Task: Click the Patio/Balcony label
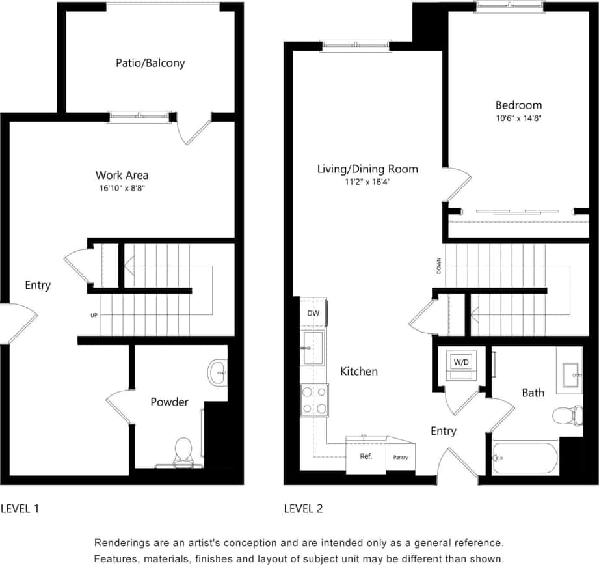coord(150,63)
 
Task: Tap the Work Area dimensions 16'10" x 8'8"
coord(122,188)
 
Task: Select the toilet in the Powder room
coord(183,451)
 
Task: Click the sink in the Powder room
coord(217,373)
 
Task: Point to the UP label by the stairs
coord(94,316)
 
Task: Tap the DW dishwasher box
coord(313,313)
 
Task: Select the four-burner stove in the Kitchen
coord(314,400)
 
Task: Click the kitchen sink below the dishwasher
coord(313,348)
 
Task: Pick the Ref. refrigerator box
coord(366,456)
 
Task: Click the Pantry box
coord(401,457)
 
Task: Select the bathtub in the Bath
coord(524,459)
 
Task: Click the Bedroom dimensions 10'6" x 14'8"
coord(518,118)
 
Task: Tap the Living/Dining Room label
coord(367,169)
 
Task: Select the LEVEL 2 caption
coord(303,508)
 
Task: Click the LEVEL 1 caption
coord(20,508)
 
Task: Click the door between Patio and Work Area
coord(196,131)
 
